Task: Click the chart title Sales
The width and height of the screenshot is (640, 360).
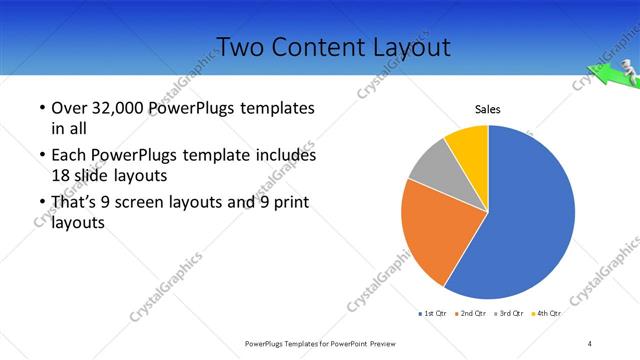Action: tap(487, 110)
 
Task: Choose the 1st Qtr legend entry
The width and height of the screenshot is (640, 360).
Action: tap(432, 313)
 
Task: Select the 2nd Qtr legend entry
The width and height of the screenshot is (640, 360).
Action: tap(471, 313)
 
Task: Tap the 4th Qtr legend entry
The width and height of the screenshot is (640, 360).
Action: tap(547, 313)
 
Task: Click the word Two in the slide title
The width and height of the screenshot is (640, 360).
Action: tap(239, 47)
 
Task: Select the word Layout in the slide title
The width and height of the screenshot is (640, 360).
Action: tap(415, 47)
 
